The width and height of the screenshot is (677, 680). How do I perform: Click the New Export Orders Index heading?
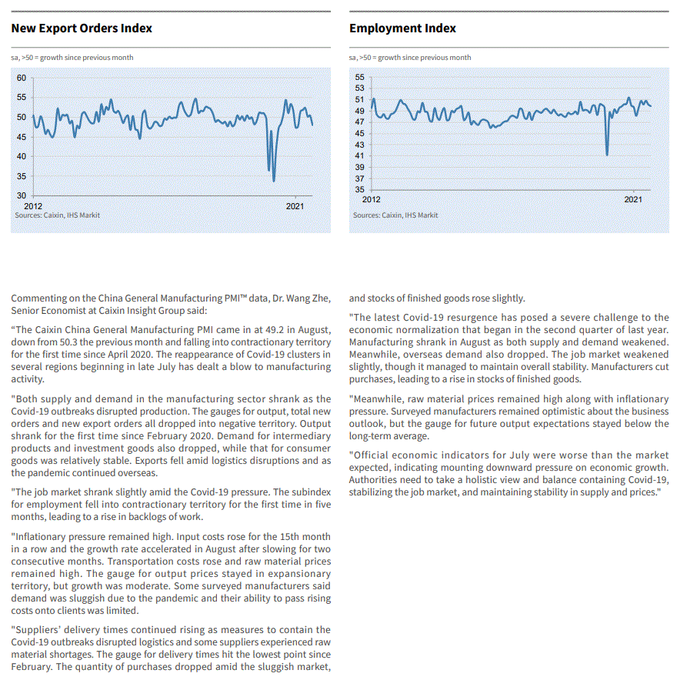coord(82,28)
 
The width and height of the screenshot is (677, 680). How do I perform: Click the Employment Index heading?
coord(402,28)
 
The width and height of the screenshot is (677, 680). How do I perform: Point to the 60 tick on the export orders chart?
coord(22,78)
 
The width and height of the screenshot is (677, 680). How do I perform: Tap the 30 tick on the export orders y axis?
coord(22,195)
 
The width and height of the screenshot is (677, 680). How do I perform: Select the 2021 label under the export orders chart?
coord(295,205)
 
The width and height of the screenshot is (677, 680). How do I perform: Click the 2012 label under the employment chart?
coord(371,199)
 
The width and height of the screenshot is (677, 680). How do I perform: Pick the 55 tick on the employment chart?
coord(359,78)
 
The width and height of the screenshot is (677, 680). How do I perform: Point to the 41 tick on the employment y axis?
coord(359,156)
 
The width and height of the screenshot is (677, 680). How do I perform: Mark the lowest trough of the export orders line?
coord(275,182)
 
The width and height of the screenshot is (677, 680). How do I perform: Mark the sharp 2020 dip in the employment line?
coord(607,155)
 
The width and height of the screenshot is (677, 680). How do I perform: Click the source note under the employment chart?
coord(395,215)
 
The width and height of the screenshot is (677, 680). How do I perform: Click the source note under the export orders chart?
coord(57,215)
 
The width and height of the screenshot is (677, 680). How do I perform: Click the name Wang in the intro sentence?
coord(288,298)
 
